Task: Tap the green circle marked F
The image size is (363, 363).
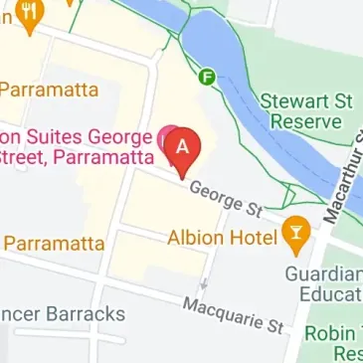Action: coord(209,76)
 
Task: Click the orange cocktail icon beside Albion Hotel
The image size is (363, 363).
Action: coord(295,236)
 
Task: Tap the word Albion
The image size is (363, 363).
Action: coord(196,239)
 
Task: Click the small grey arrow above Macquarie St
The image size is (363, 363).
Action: coord(203,284)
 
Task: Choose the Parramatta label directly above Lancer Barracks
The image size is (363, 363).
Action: coord(55,243)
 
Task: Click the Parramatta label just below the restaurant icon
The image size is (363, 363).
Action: coord(49,90)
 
